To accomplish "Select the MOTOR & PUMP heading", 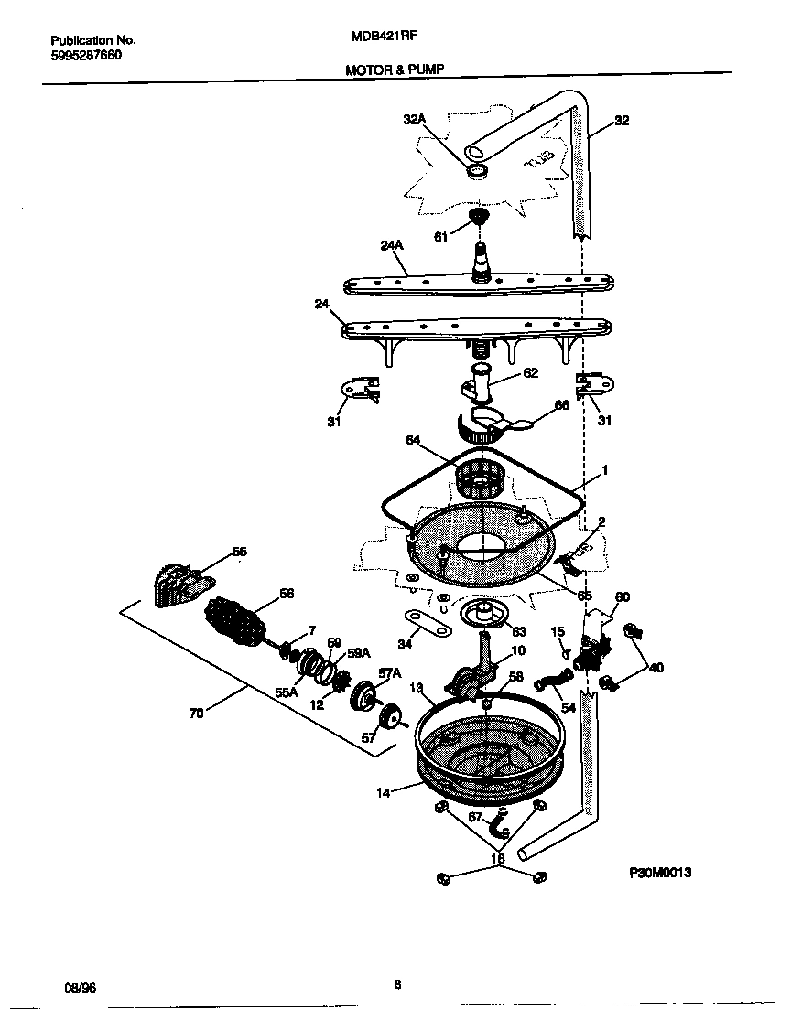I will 394,70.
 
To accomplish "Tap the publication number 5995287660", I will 85,55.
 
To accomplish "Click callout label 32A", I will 415,119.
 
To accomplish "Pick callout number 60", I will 622,597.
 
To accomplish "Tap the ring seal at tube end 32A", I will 477,171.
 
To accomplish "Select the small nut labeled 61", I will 476,217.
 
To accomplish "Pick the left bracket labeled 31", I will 357,388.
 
